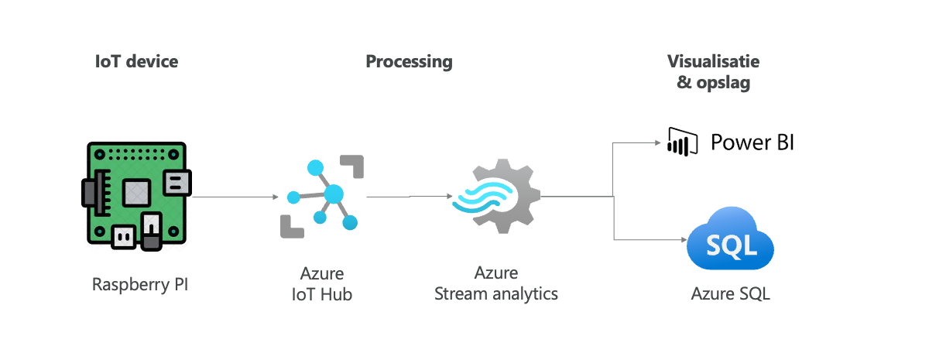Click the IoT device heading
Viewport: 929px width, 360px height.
click(x=136, y=62)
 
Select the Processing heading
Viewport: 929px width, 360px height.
click(x=409, y=62)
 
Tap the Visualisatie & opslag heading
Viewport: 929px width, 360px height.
click(x=713, y=72)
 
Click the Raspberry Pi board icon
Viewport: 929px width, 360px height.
click(x=135, y=196)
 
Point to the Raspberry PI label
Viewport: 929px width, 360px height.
click(x=140, y=284)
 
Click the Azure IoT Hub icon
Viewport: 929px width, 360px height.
click(x=322, y=196)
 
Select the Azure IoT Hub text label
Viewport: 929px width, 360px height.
click(x=322, y=283)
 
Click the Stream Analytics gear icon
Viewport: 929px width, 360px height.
click(x=496, y=197)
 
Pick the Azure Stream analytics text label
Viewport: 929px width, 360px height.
click(x=496, y=283)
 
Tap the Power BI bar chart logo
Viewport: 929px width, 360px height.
click(x=678, y=142)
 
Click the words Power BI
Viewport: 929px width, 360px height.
click(x=752, y=142)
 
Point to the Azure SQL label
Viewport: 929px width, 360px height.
click(x=730, y=294)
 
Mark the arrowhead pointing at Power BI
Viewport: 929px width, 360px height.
click(x=660, y=143)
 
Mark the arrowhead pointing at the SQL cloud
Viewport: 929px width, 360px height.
click(x=682, y=239)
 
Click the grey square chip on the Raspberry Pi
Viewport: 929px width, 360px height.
click(x=136, y=188)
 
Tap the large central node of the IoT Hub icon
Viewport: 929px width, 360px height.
click(x=334, y=194)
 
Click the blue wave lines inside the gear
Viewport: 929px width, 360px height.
click(x=482, y=198)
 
